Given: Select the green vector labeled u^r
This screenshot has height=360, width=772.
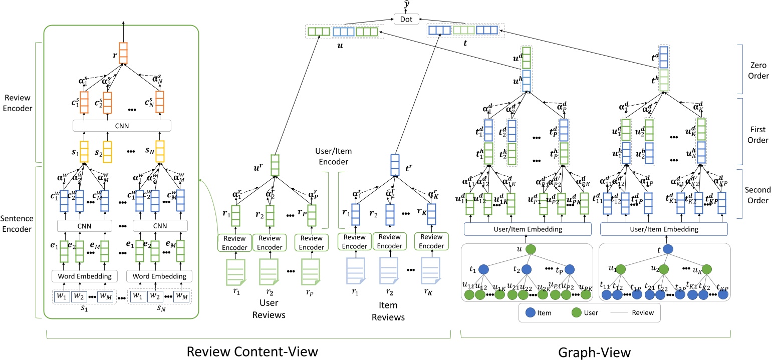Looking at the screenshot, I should tap(275, 164).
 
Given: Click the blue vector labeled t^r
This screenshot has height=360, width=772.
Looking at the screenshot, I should tap(394, 164).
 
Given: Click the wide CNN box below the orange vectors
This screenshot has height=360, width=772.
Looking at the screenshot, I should tap(122, 125).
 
